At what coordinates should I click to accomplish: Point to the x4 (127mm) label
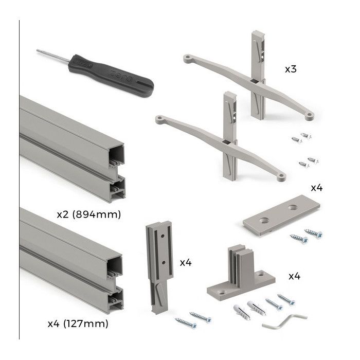(x=78, y=324)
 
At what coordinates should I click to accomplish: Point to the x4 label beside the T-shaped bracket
(x=294, y=276)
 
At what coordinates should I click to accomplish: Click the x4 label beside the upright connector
(x=186, y=263)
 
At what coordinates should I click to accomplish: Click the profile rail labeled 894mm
(x=72, y=144)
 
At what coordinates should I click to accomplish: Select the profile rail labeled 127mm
(x=72, y=257)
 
